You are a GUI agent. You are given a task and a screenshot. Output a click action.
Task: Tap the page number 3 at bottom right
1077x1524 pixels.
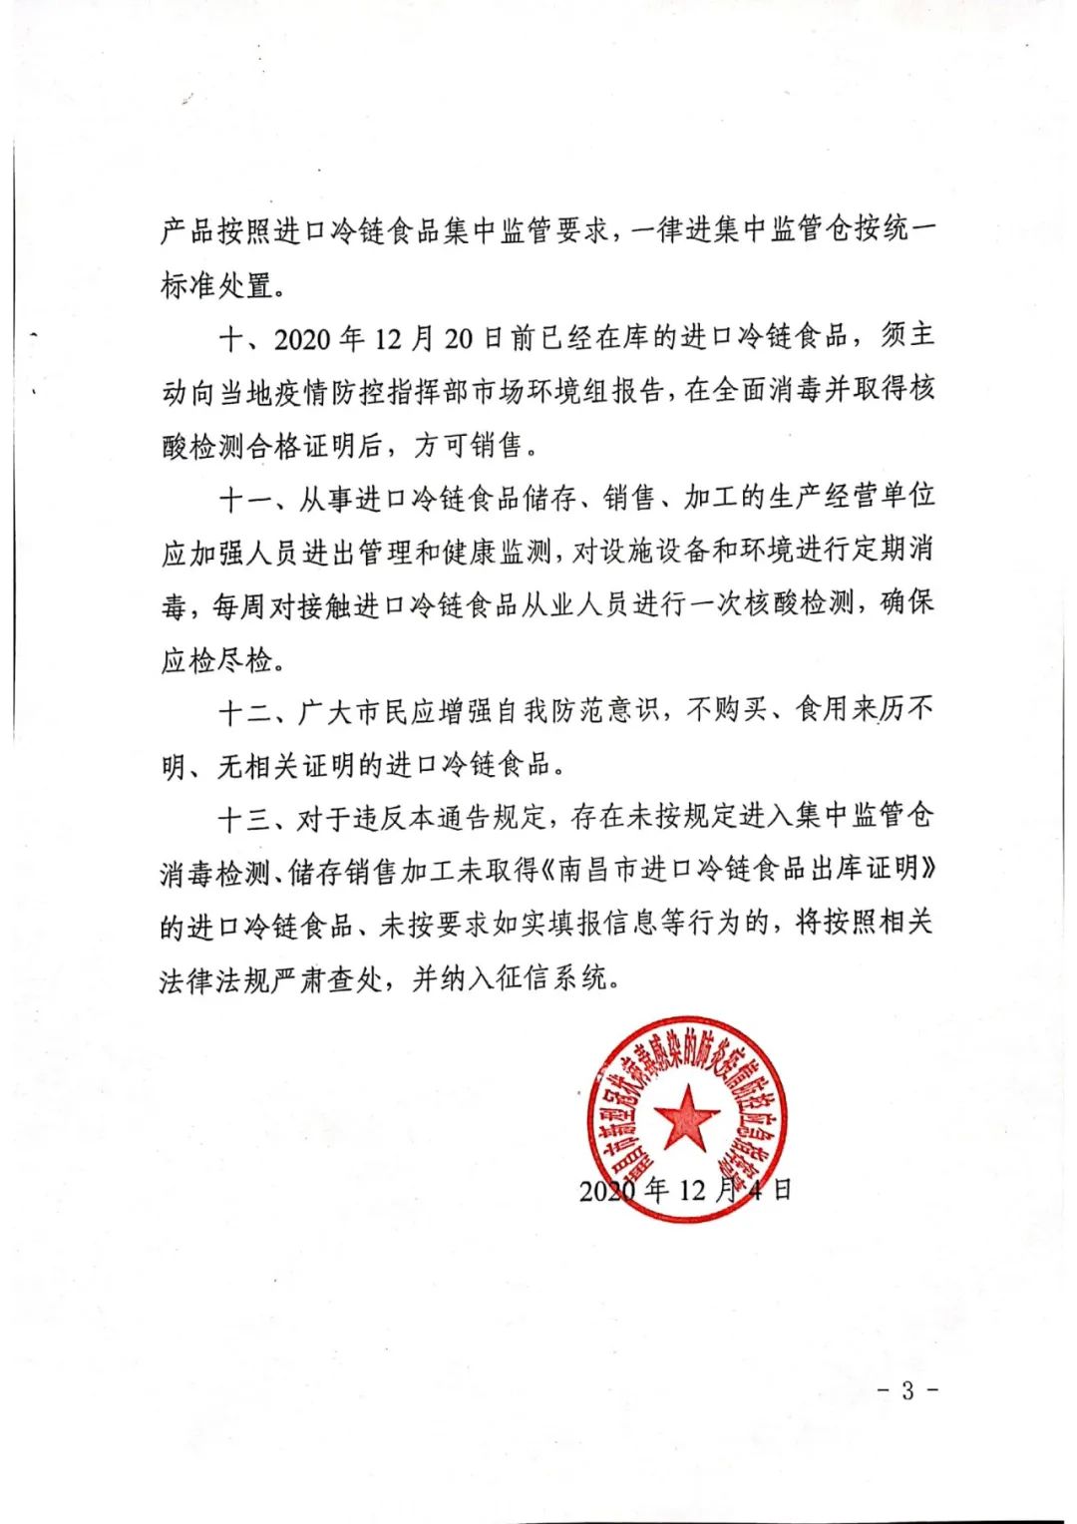pyautogui.click(x=906, y=1390)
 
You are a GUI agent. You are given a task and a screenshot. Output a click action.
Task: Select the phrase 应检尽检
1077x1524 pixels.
pyautogui.click(x=215, y=658)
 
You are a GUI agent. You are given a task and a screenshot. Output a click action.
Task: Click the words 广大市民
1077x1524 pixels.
pyautogui.click(x=354, y=711)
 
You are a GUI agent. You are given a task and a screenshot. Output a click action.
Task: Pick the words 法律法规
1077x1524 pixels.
pyautogui.click(x=215, y=977)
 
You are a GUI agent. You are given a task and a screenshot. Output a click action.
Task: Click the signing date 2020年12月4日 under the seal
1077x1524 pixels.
pyautogui.click(x=686, y=1189)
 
